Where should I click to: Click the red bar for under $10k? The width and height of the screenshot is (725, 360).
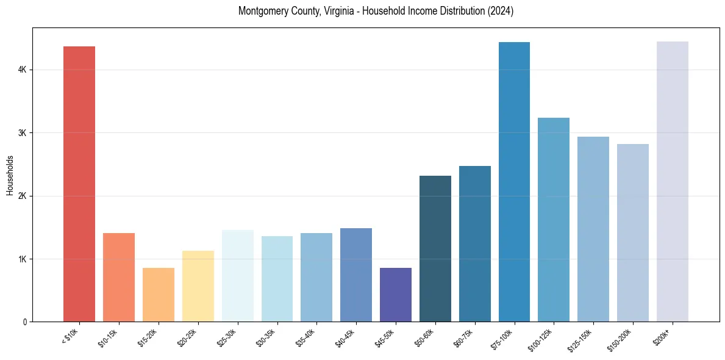[79, 184]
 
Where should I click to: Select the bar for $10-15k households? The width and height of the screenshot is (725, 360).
[119, 277]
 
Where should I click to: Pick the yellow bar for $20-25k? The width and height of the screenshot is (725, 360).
[198, 286]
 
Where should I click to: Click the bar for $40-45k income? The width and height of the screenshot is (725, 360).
[356, 275]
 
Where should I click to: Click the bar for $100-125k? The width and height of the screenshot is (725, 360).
[554, 220]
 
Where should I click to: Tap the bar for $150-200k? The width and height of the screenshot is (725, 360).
[633, 232]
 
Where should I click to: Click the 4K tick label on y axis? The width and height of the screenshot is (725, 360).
[22, 70]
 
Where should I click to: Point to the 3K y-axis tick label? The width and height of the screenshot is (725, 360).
[22, 133]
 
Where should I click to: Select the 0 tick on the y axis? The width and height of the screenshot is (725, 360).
[24, 322]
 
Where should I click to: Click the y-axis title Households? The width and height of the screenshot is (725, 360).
[10, 175]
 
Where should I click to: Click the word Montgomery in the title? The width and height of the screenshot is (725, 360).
[263, 11]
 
